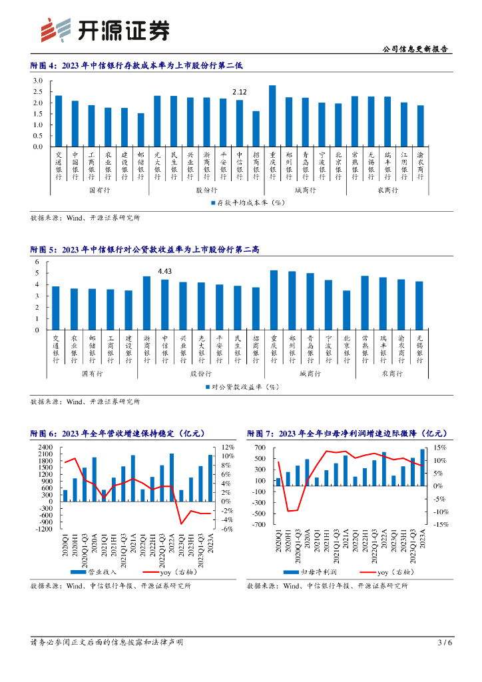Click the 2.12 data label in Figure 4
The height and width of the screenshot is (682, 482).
(x=240, y=92)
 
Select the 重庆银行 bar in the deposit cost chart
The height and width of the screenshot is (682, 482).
(x=272, y=116)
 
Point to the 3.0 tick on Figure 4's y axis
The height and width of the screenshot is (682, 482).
(x=38, y=81)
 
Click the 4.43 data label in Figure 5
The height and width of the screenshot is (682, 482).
(x=164, y=270)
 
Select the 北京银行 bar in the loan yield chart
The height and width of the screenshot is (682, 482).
(x=346, y=310)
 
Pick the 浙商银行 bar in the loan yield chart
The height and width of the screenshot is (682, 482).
(x=147, y=303)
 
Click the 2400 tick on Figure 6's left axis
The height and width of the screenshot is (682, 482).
(x=45, y=447)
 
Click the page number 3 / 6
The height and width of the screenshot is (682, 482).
(x=445, y=642)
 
